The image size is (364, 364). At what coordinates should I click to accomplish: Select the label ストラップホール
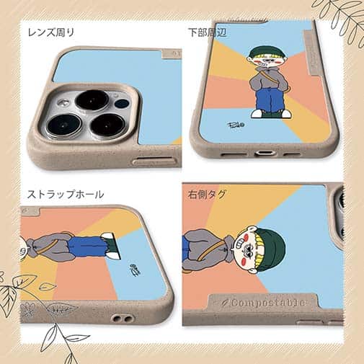[x=65, y=194]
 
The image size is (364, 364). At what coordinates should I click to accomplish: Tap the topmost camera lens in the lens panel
[x=92, y=99]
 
